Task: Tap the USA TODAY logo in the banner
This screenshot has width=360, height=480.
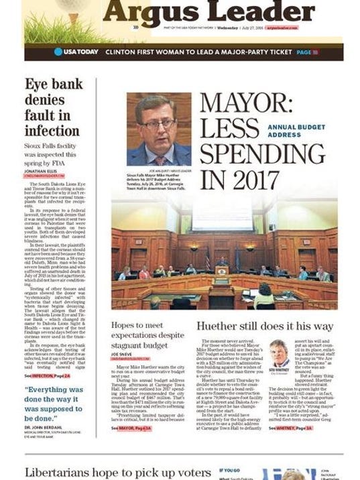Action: (76, 52)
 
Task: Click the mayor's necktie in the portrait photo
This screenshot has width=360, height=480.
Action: (160, 160)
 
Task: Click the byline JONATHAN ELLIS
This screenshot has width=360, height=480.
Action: (41, 171)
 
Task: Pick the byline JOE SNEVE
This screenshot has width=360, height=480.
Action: (121, 355)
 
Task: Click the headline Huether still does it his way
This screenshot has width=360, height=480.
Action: (264, 327)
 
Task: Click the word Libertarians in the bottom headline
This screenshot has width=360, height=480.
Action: (62, 473)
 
